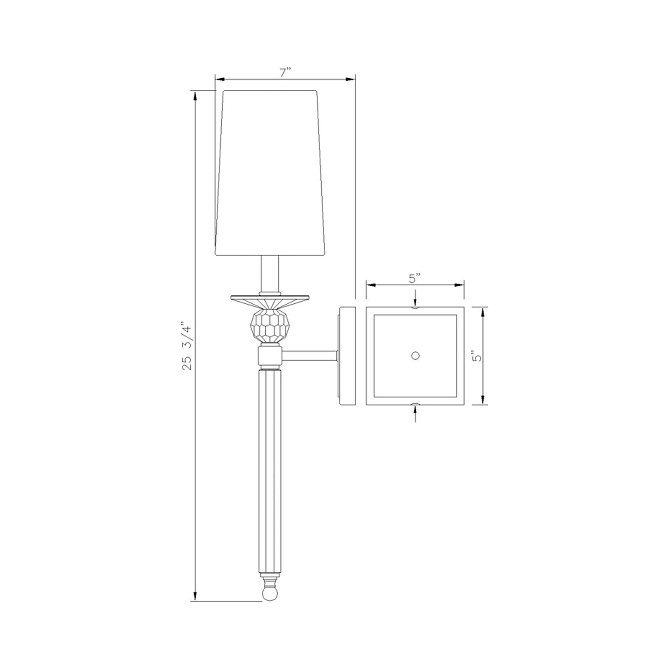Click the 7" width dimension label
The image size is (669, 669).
285,73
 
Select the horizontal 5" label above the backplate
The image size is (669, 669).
415,278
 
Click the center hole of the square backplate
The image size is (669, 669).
415,356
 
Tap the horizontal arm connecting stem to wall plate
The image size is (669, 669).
309,356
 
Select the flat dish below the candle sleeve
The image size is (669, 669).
270,299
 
